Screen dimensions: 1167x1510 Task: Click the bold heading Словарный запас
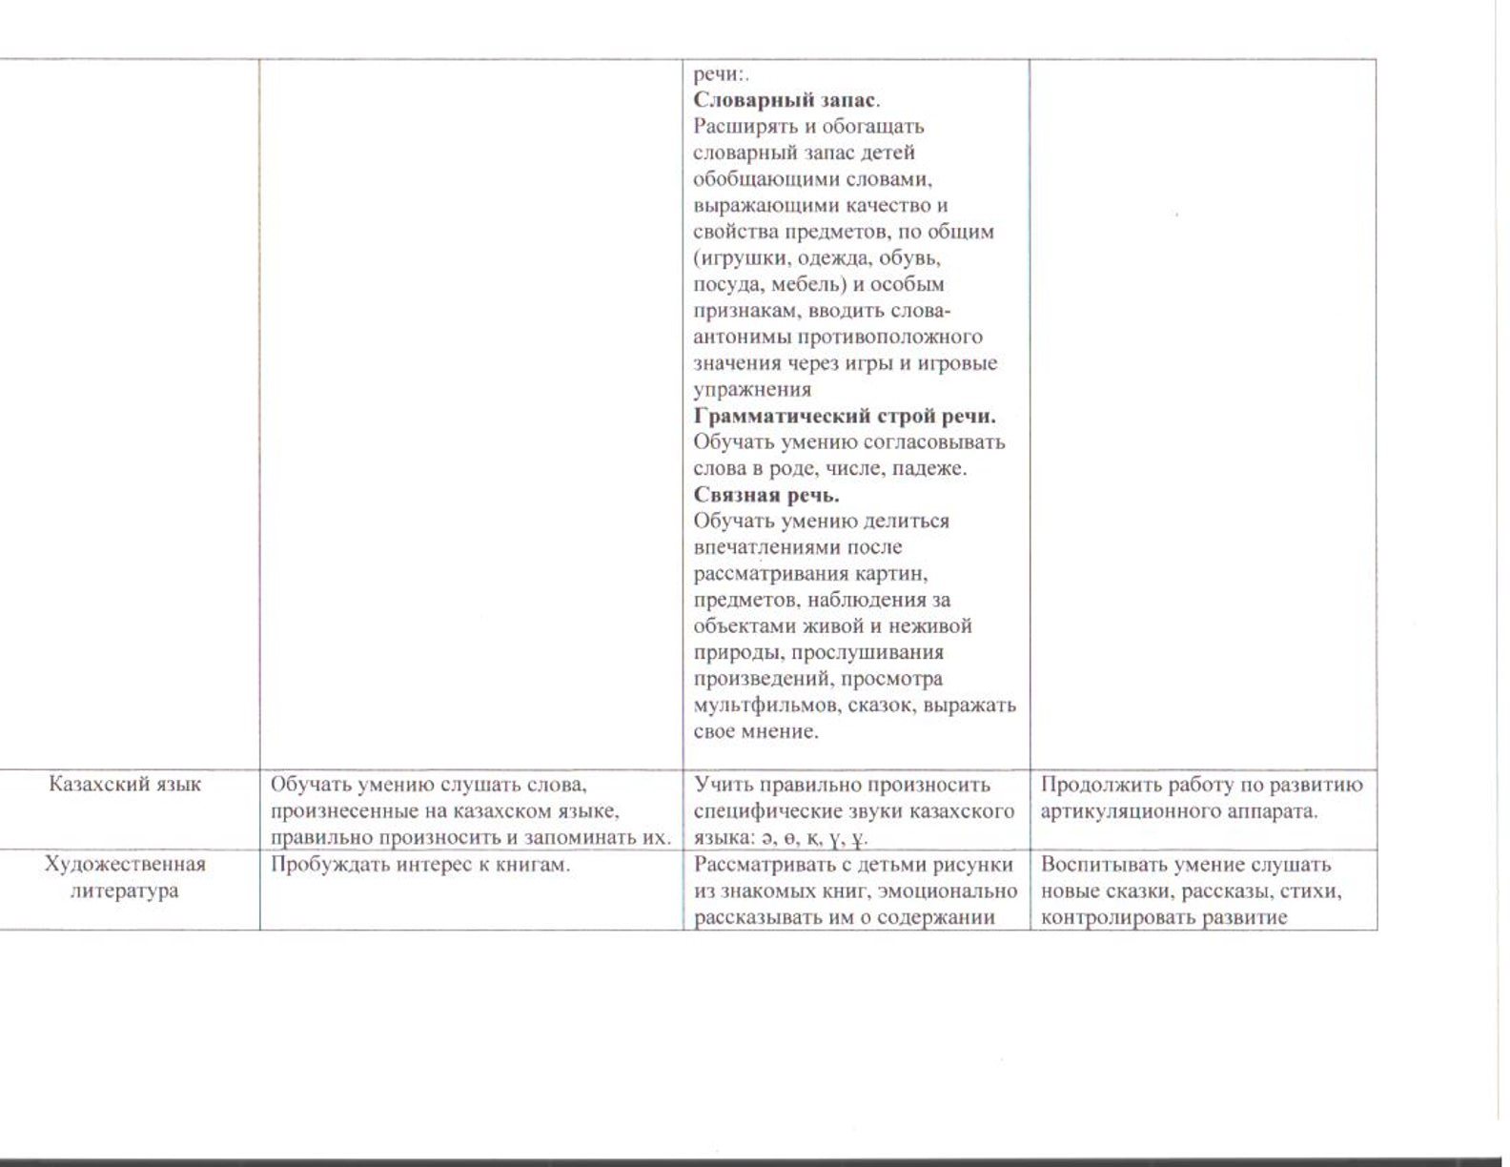point(786,99)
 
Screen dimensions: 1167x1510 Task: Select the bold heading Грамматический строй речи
point(845,416)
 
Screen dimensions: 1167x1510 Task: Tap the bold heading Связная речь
point(766,495)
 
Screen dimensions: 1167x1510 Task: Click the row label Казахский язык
point(125,784)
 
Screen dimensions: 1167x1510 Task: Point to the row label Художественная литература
point(125,877)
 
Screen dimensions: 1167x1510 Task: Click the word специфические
point(776,811)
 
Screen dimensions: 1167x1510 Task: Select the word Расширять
point(740,126)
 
